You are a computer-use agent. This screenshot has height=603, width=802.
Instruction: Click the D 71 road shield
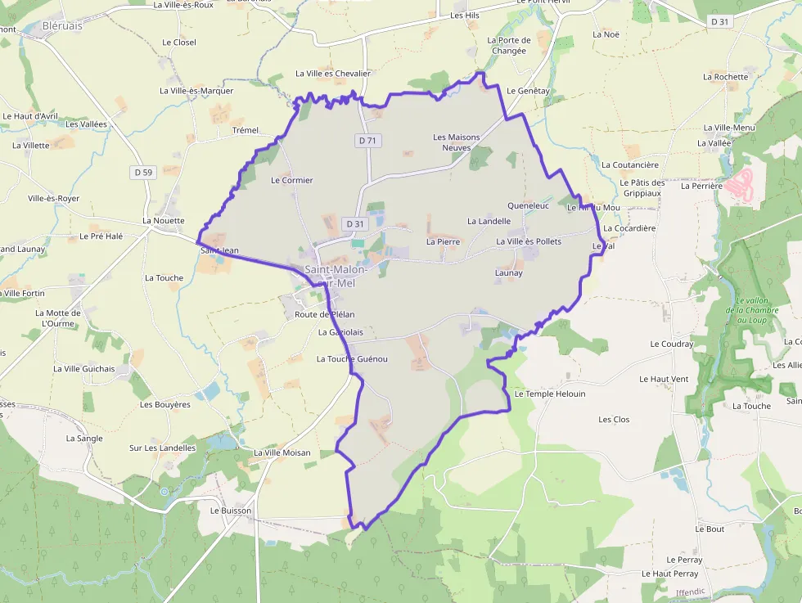pos(368,141)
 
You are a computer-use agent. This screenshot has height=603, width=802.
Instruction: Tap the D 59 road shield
pos(143,172)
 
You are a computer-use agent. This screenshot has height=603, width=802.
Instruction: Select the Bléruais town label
pos(62,26)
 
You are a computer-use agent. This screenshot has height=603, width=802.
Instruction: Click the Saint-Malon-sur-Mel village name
pos(336,276)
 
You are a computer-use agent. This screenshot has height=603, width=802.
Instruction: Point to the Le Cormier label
pos(291,180)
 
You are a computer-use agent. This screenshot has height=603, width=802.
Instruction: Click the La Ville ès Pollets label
pos(529,241)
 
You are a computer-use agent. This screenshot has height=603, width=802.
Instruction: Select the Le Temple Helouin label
pos(549,394)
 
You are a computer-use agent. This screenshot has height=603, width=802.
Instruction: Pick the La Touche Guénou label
pos(352,359)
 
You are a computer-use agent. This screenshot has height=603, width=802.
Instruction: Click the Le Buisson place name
pos(231,510)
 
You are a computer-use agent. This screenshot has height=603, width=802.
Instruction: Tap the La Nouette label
pos(164,220)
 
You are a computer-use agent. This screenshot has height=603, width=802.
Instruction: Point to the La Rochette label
pos(725,77)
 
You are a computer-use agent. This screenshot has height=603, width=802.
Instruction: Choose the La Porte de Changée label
pos(508,45)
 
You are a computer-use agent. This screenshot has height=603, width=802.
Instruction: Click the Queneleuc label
pos(528,206)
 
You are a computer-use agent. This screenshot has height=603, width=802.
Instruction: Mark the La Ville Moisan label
pos(282,452)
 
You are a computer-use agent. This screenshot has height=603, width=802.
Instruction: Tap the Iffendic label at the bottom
pos(691,592)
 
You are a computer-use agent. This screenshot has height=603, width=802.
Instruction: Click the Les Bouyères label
pos(164,404)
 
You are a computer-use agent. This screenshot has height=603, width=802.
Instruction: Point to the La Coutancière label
pos(629,164)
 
